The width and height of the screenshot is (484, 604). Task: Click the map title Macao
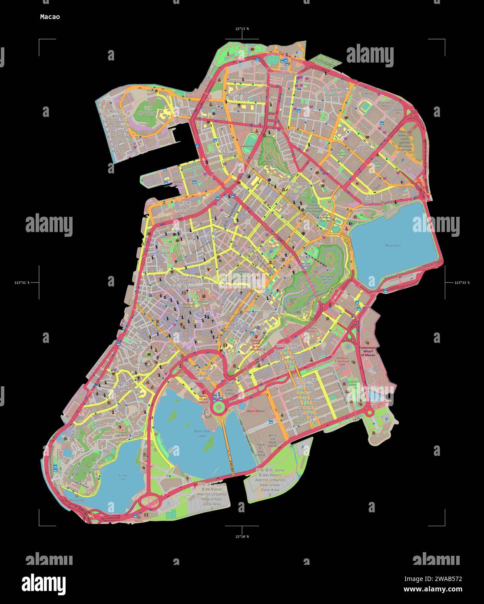tap(50, 17)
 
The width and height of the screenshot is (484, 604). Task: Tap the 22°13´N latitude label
tap(242, 29)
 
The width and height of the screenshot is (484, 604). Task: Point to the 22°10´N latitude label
tap(242, 537)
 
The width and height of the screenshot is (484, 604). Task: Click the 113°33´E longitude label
tap(462, 282)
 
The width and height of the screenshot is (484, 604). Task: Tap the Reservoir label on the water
tap(393, 246)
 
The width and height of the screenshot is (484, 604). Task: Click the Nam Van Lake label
tap(202, 433)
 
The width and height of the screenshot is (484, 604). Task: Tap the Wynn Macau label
tap(256, 411)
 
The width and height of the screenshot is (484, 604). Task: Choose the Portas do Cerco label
tap(284, 74)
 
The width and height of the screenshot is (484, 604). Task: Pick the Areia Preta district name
tap(365, 149)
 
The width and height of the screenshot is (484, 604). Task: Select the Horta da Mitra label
tap(241, 329)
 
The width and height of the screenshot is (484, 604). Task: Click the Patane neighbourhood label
tap(164, 252)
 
